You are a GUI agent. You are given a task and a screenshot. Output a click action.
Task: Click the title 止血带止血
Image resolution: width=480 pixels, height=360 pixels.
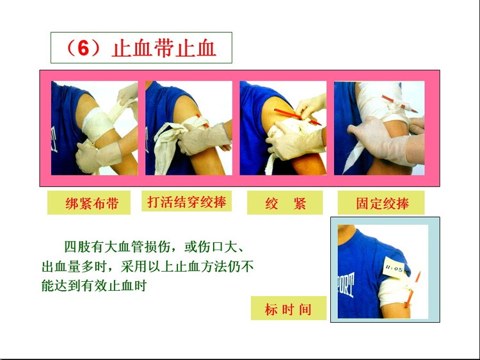coord(164,49)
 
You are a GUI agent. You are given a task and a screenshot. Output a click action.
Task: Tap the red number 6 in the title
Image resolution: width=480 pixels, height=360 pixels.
coord(84,49)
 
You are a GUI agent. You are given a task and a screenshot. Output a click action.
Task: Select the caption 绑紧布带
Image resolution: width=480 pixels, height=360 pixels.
coord(92,203)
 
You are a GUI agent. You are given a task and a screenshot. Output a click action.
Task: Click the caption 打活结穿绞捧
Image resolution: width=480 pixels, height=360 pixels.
coord(187,202)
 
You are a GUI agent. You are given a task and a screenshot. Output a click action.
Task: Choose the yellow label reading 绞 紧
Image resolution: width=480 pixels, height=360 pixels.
coord(285,203)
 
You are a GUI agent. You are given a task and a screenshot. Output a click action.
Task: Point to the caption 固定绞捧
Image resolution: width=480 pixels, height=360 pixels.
coord(382,203)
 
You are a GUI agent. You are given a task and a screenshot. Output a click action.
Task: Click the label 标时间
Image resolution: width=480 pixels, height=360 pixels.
coord(288,309)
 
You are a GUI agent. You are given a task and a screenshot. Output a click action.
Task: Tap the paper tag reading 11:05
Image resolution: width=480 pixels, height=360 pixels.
coord(394,268)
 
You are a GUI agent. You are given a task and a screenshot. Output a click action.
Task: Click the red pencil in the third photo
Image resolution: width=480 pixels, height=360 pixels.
coord(297,117)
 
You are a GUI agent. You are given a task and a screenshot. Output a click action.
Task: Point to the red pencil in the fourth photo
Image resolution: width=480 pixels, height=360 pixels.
coord(399,104)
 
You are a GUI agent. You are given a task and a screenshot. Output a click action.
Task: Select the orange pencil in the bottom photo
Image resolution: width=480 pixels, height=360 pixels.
coord(413,290)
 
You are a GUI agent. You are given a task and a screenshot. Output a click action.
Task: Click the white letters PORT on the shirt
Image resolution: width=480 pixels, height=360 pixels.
coord(346,284)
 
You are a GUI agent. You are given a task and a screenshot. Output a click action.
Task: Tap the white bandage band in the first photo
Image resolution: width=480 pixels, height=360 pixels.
coord(97,124)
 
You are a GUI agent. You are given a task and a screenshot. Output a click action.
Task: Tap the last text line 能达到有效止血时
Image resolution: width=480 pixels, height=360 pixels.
coord(94,286)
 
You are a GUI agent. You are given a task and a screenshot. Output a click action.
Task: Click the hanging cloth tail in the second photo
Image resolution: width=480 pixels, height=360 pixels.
coord(165,150)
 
